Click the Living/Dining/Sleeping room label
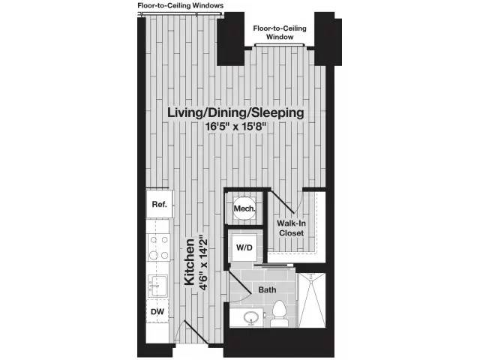(235, 112)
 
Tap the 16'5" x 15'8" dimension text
(235, 127)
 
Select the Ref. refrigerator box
(160, 204)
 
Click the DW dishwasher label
(157, 312)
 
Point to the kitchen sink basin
(158, 286)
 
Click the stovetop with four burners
(158, 247)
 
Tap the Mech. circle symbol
(244, 208)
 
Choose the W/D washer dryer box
(244, 247)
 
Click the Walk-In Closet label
(291, 228)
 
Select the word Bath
(267, 289)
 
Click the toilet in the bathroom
(279, 313)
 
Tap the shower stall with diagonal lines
(312, 301)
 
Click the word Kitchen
(190, 262)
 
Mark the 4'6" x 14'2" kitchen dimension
(203, 262)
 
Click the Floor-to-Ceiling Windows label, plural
(180, 5)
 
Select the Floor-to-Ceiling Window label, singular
(280, 32)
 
